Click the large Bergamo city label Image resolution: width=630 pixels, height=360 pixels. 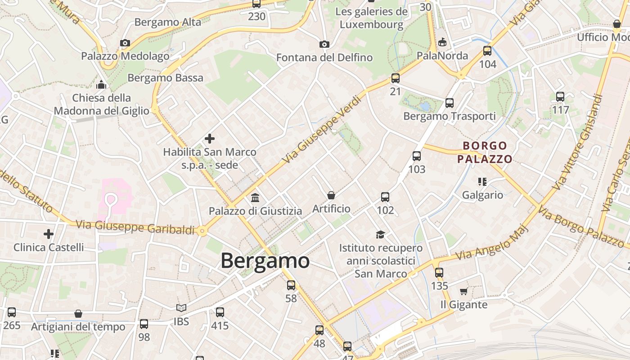(265, 261)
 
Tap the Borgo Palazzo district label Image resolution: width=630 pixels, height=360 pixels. (485, 152)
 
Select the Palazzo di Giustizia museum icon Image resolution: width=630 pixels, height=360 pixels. (255, 198)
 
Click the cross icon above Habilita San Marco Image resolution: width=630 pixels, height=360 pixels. (210, 139)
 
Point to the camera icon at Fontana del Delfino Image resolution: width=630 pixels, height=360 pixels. (324, 44)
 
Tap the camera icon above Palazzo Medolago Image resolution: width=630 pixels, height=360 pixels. (125, 43)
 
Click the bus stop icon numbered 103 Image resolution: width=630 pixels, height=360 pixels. (417, 156)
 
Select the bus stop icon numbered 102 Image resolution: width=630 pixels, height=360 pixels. (385, 197)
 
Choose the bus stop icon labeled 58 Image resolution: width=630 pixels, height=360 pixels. (291, 285)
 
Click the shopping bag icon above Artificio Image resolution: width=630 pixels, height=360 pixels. (331, 195)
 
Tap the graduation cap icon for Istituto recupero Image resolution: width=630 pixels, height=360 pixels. (381, 234)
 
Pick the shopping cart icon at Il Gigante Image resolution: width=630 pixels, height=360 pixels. (463, 291)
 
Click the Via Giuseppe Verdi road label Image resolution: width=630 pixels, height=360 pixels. (322, 129)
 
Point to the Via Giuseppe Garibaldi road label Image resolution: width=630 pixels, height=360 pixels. (135, 227)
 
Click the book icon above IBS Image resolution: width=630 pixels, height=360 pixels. (181, 308)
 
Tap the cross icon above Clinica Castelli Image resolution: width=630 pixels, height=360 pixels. (49, 234)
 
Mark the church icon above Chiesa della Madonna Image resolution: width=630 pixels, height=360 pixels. (102, 85)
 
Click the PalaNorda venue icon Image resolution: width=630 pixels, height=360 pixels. (442, 42)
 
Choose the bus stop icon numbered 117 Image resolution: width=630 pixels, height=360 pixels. (560, 96)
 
